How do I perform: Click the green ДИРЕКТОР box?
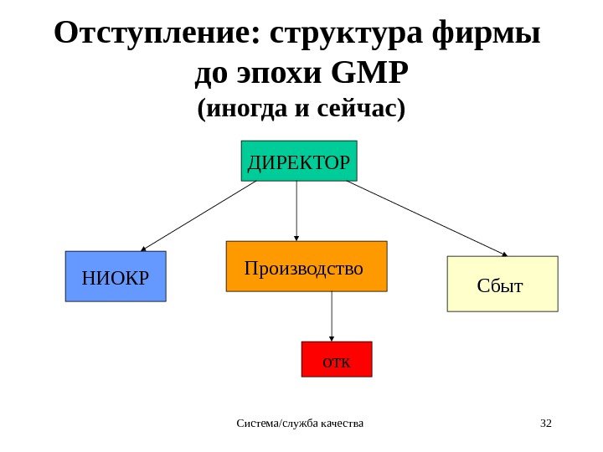click(299, 161)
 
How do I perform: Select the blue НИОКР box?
click(116, 276)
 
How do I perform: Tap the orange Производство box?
click(307, 266)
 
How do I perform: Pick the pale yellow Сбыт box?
click(502, 284)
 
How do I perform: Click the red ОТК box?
click(336, 359)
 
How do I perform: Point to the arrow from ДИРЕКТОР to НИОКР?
click(199, 216)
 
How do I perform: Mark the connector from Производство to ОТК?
click(332, 316)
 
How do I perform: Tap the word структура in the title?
click(346, 35)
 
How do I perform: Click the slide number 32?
click(546, 422)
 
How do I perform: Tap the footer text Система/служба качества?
click(301, 422)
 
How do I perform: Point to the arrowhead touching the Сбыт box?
click(505, 254)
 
